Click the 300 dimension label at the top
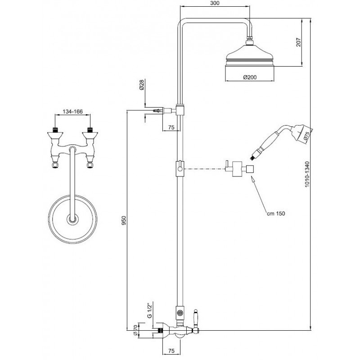tap(215, 3)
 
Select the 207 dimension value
tap(298, 42)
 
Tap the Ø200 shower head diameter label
tap(250, 77)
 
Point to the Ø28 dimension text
tap(142, 85)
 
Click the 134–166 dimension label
tap(72, 112)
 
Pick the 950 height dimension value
tap(124, 220)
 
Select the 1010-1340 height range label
tap(307, 174)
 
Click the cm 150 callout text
tap(276, 213)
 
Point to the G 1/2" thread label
tap(150, 310)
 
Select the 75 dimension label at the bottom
tap(171, 351)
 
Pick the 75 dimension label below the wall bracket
tap(171, 127)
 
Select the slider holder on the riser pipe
tap(180, 168)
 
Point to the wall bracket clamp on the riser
tap(180, 110)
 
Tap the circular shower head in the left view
tap(72, 219)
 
